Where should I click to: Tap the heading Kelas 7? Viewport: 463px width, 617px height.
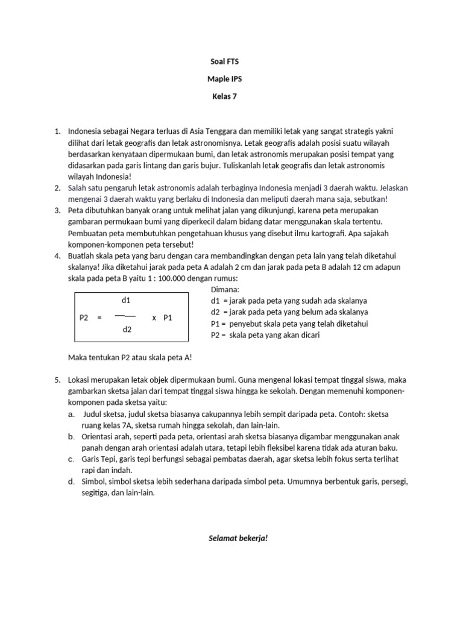coord(225,96)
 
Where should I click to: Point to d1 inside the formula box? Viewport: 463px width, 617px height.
coord(127,300)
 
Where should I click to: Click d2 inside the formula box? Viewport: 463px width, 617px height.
coord(127,329)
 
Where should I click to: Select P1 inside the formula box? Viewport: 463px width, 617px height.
coord(168,317)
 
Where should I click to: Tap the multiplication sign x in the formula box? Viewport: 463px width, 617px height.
coord(154,317)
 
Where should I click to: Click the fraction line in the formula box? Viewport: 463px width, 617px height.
coord(125,315)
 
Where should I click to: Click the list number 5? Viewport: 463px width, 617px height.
coord(57,380)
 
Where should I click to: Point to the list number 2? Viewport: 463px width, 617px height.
coord(57,188)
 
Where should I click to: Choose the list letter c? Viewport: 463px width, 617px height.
coord(71,459)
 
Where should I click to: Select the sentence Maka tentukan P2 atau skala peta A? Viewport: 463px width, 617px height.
coord(130,358)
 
